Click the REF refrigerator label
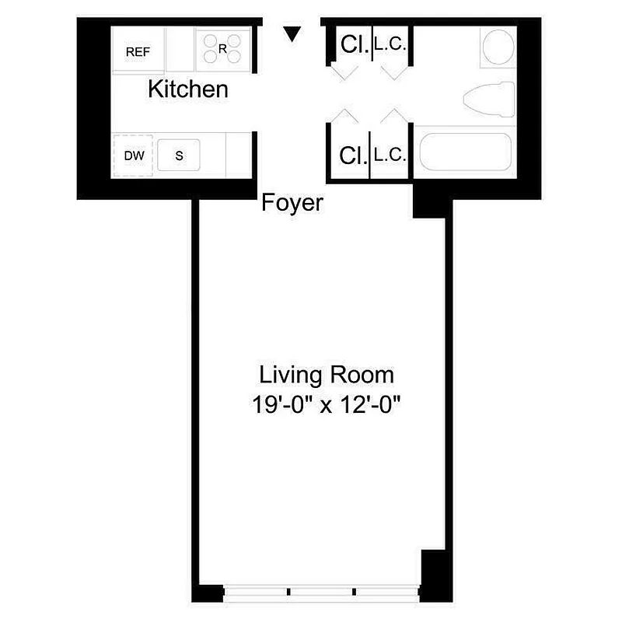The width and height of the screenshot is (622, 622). coord(138,52)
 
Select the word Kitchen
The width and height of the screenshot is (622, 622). coord(188,89)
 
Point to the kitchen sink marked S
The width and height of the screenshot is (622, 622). coord(179,155)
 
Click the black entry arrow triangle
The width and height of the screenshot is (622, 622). coord(292,33)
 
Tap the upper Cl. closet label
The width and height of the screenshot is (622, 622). coord(353,45)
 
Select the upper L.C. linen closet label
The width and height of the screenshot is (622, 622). coord(389,45)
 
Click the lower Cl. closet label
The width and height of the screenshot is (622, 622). coord(353,155)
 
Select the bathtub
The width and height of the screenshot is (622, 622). coord(465,152)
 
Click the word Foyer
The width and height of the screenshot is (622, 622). coord(292,204)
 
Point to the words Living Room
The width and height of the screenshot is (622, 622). coord(327,375)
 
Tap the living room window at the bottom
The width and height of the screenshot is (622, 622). coord(321,592)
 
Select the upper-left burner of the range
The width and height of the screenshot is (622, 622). coord(212,40)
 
